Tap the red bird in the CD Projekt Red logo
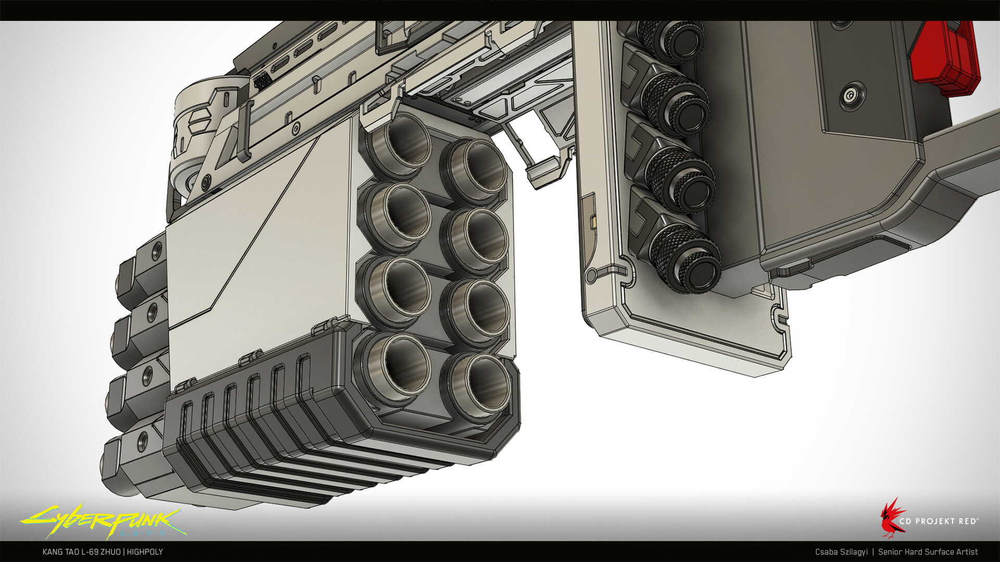[892, 517]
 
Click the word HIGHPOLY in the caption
[145, 552]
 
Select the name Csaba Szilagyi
[842, 552]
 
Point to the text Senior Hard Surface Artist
[928, 552]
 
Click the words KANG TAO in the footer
[61, 552]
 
